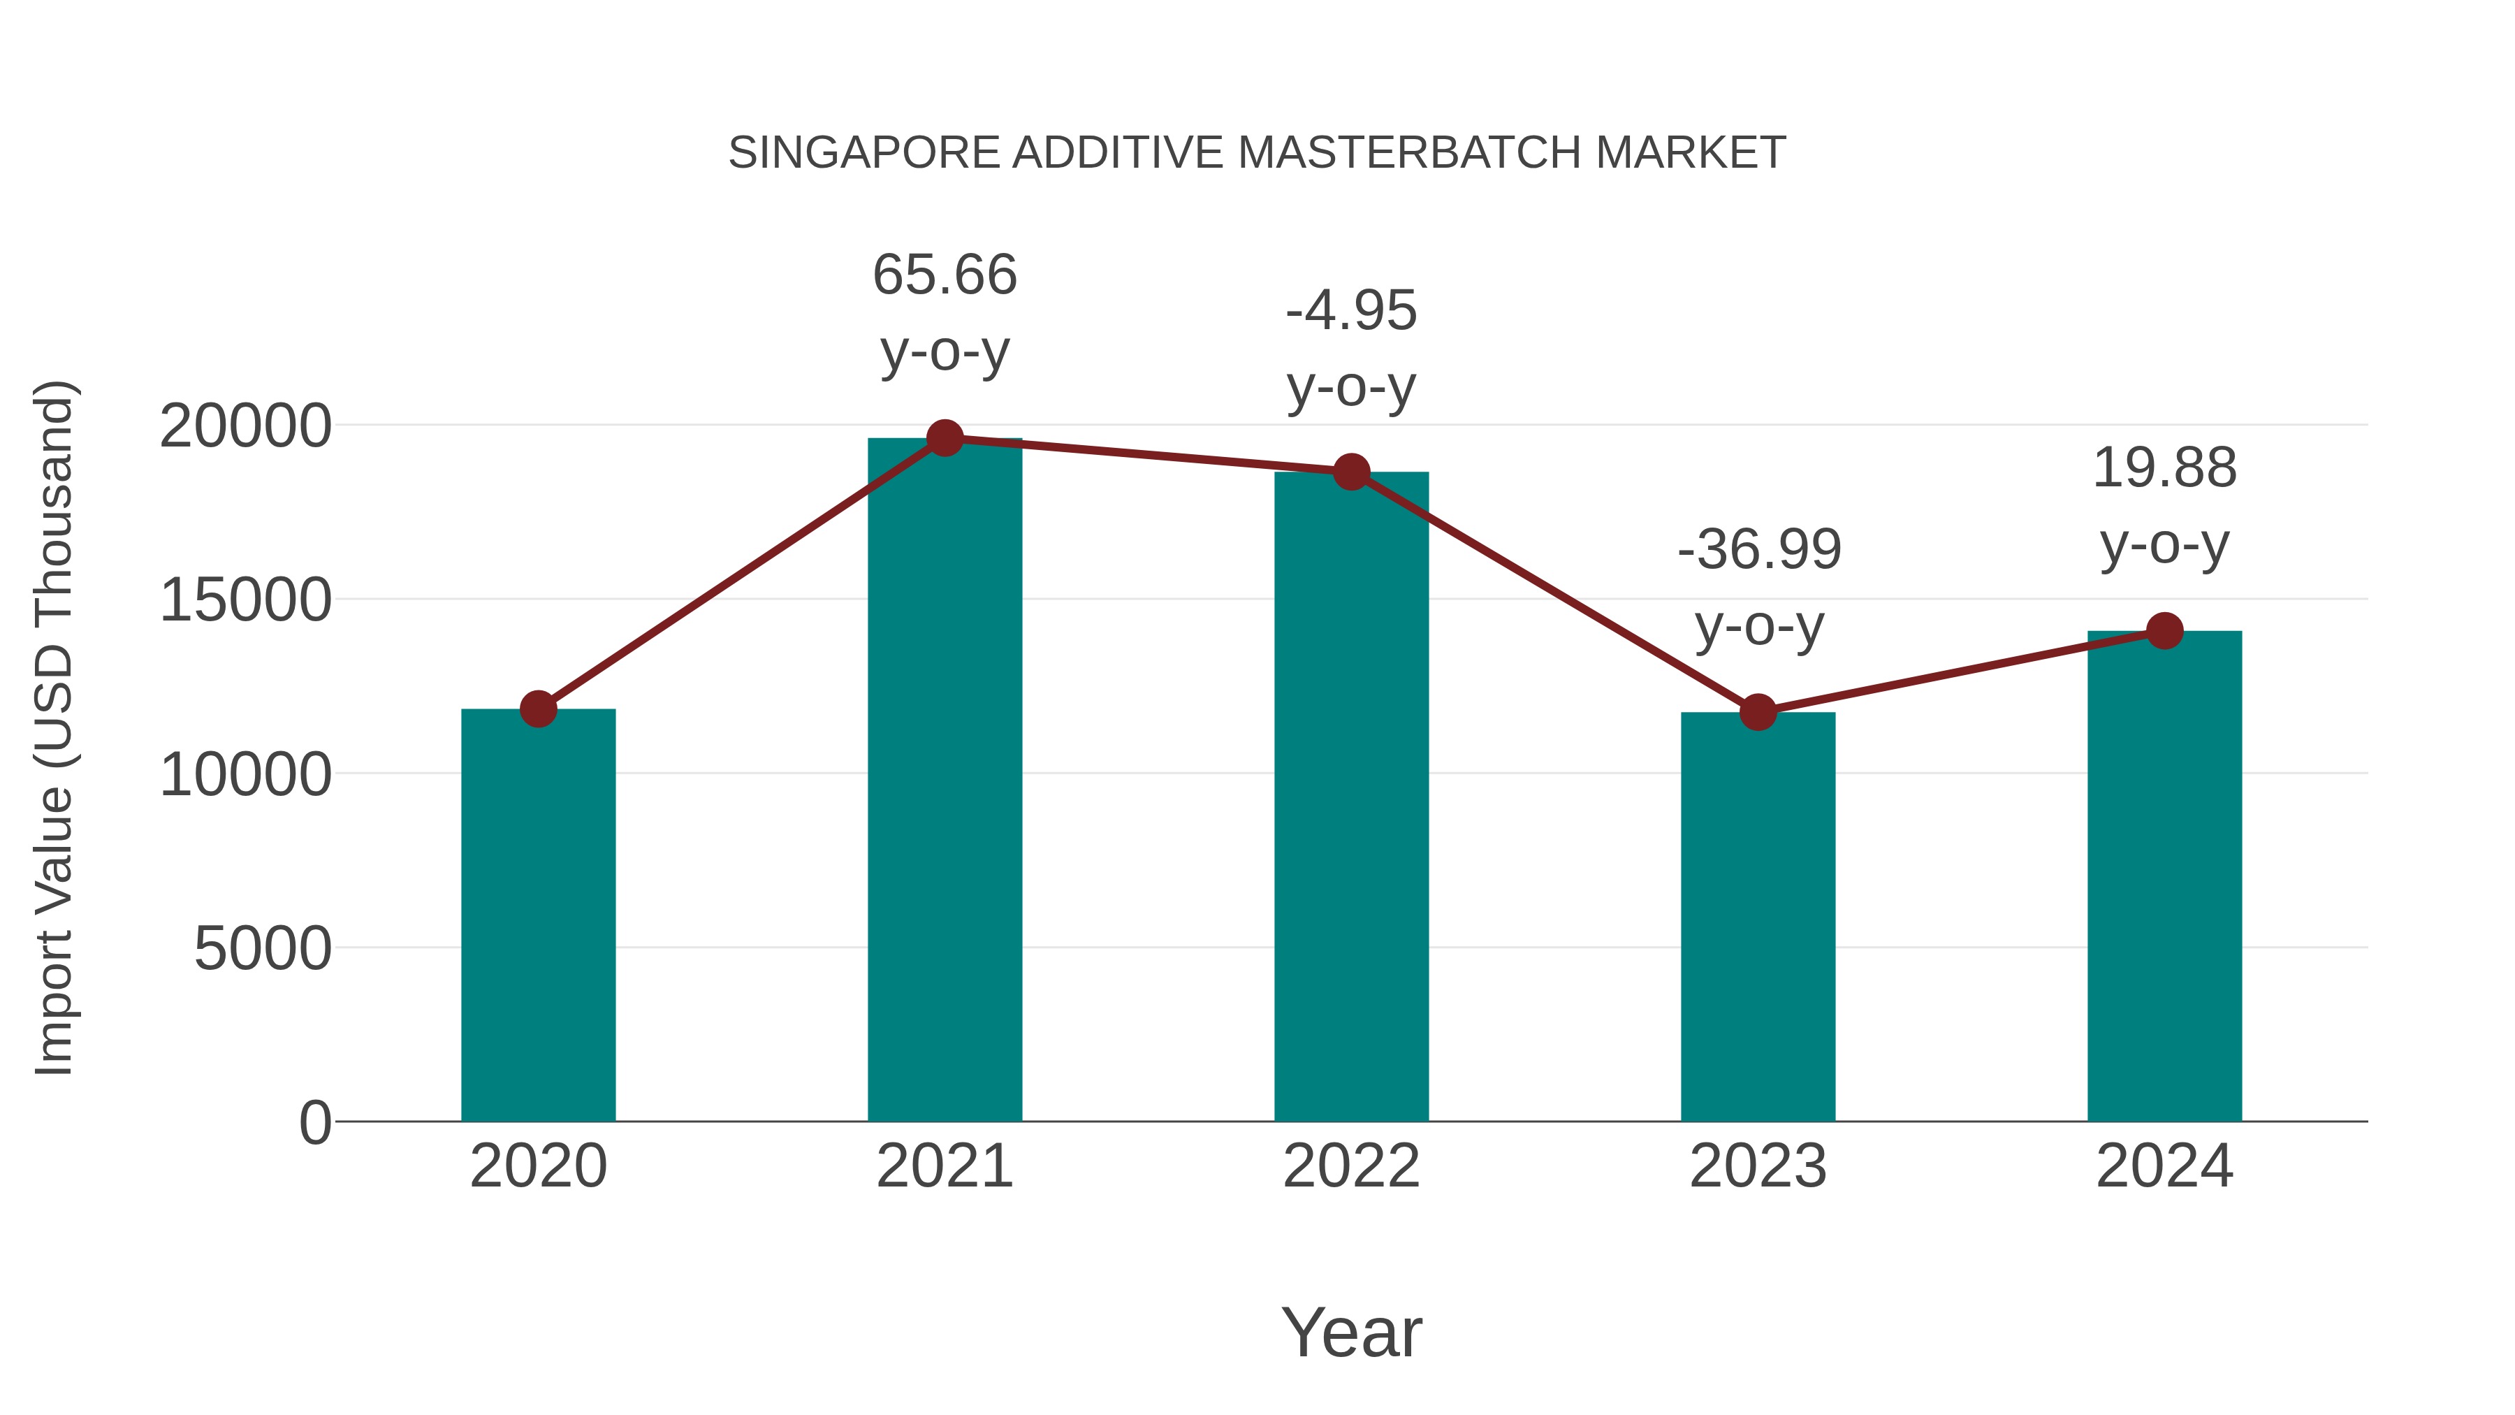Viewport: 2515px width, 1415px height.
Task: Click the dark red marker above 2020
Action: pos(538,709)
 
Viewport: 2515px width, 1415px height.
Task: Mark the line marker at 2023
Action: pos(1758,713)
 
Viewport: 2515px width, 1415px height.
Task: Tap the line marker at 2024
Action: pos(2164,631)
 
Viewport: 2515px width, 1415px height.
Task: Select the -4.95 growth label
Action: pos(1351,312)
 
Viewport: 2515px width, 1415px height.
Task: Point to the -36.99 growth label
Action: pos(1758,550)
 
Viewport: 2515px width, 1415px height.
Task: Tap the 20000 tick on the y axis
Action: pos(245,427)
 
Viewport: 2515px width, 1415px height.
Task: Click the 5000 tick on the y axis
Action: pos(263,948)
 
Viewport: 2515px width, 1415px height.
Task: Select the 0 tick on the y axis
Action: pos(314,1122)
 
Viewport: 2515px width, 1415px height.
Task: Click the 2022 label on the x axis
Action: pos(1351,1166)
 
